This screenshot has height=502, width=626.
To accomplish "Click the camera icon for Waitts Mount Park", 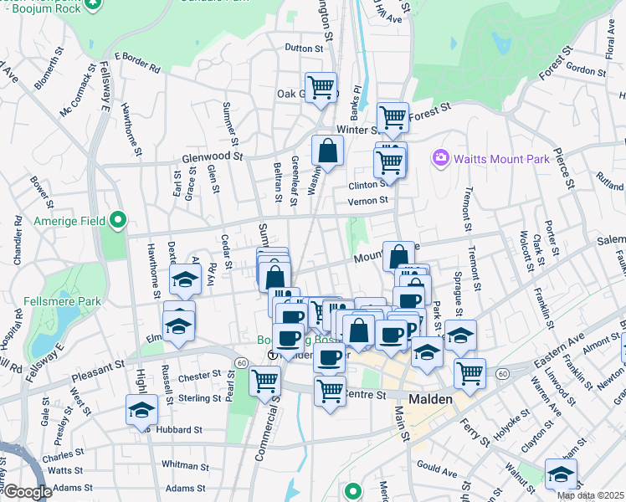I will pos(440,157).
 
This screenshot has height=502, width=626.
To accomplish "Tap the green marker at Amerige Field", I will pos(118,221).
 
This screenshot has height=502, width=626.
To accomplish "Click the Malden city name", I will pos(431,399).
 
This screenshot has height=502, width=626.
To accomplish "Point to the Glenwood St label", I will pos(212,156).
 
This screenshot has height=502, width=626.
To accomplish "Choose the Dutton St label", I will pos(303,49).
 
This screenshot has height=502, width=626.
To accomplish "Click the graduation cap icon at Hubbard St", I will pos(141,410).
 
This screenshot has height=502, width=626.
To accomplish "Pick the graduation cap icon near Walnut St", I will pos(560,474).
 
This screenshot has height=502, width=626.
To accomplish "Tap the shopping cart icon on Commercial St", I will pos(265,381).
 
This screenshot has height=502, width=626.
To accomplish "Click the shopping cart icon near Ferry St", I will pos(470,373).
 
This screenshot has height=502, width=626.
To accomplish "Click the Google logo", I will pos(27,492).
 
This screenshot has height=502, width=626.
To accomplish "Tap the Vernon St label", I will pos(372,201).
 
